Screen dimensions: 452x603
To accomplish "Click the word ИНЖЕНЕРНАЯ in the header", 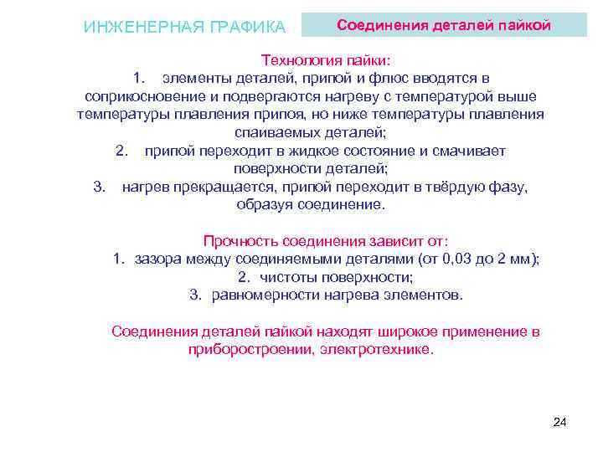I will pyautogui.click(x=133, y=27).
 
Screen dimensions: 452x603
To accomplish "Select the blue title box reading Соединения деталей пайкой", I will pyautogui.click(x=443, y=25).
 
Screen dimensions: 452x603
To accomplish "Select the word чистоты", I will pyautogui.click(x=287, y=277).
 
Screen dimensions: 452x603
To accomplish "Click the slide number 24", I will pyautogui.click(x=560, y=422).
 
